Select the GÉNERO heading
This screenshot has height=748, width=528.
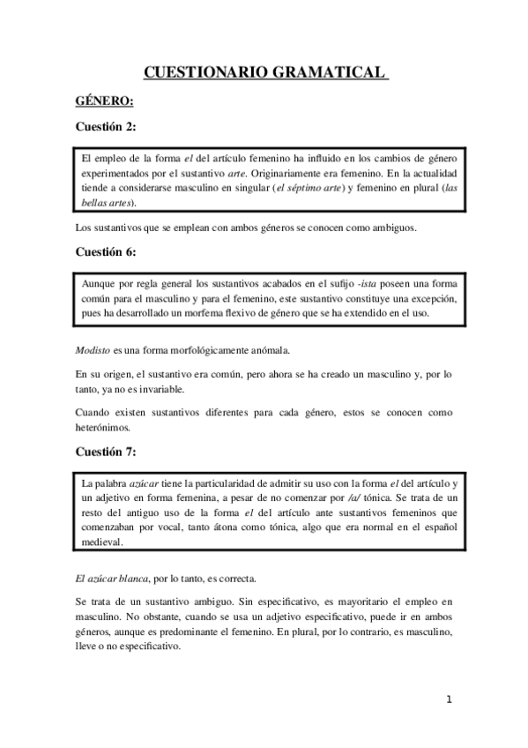click(104, 100)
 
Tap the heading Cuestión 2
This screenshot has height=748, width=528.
click(106, 127)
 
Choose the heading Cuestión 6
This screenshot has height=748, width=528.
click(106, 251)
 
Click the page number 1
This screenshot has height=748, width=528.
click(450, 700)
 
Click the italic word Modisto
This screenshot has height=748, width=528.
click(93, 351)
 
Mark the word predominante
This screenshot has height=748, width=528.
click(212, 632)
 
